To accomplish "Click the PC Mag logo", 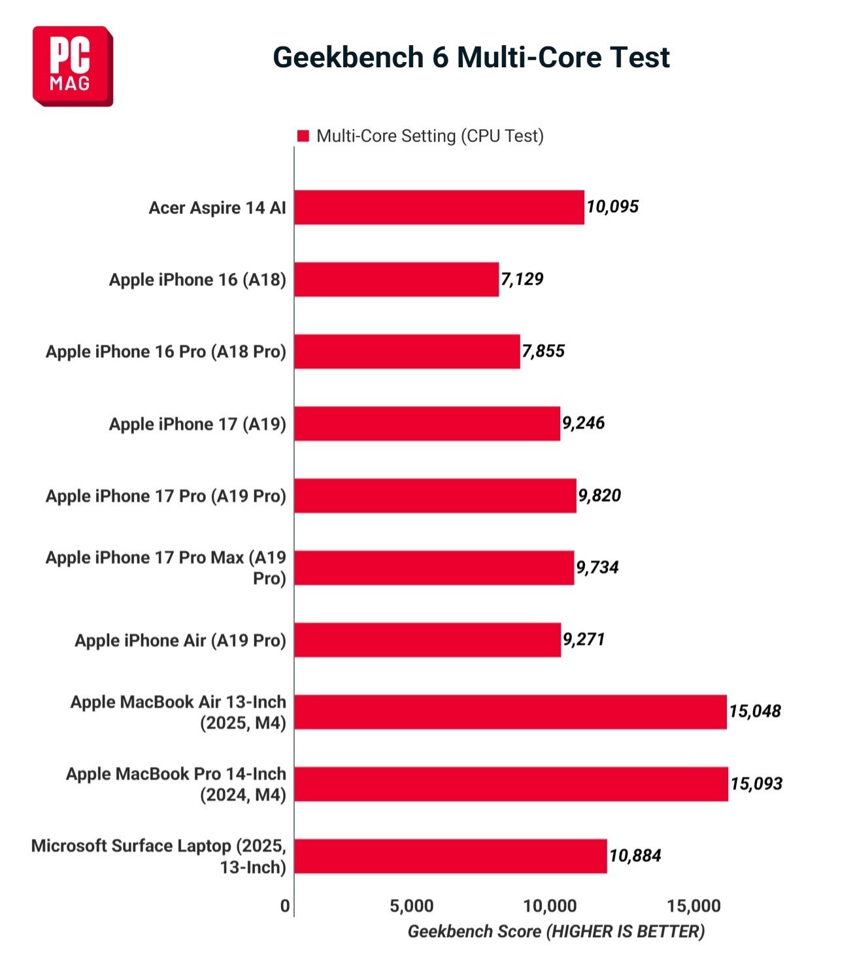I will [73, 66].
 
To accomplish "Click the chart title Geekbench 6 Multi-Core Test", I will [471, 57].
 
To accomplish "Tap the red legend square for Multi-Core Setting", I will [303, 136].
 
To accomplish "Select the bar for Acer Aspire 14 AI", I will [439, 208].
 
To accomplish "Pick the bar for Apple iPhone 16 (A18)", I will [396, 280].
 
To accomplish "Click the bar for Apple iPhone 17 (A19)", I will [427, 424].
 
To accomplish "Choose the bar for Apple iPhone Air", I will [427, 640].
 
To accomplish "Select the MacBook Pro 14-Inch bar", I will [510, 784].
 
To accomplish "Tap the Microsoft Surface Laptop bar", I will [450, 856].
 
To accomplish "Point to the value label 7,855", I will [543, 351].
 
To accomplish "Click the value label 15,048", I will [755, 711].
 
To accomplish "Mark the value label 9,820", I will [599, 496].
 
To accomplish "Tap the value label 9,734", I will [597, 567].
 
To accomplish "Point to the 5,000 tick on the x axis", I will [411, 906].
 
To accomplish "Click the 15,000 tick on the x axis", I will [694, 906].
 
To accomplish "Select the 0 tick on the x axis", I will [285, 906].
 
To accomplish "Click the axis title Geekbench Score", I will [556, 931].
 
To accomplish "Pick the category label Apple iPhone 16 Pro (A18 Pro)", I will [166, 351].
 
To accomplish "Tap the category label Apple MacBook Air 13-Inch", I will [178, 712].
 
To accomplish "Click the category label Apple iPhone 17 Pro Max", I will [166, 567].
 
